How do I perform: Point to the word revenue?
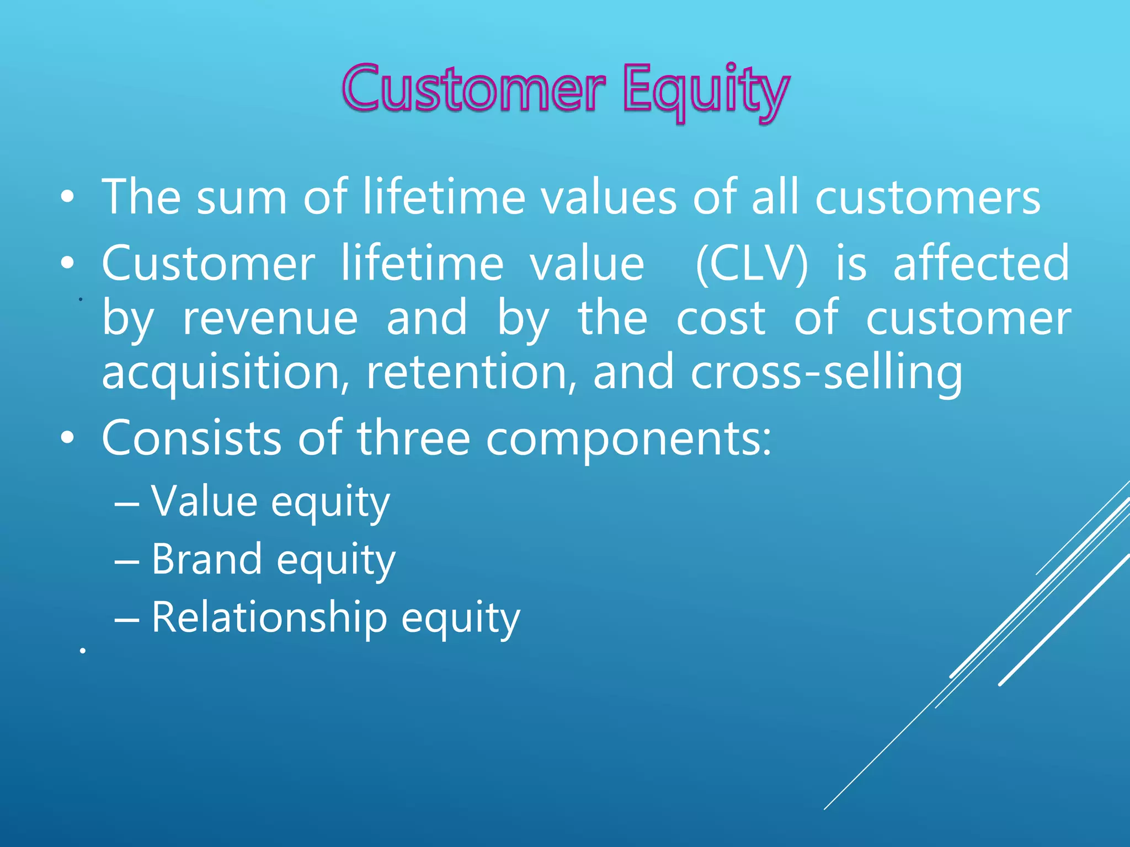pyautogui.click(x=270, y=318)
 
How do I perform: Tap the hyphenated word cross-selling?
pyautogui.click(x=827, y=373)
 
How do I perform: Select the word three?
pyautogui.click(x=413, y=438)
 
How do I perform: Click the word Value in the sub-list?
pyautogui.click(x=204, y=501)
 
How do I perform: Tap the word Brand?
pyautogui.click(x=206, y=559)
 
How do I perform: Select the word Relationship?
pyautogui.click(x=269, y=618)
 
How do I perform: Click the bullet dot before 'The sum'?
pyautogui.click(x=67, y=198)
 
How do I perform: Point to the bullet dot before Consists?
pyautogui.click(x=67, y=439)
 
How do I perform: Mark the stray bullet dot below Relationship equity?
pyautogui.click(x=82, y=651)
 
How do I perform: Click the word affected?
pyautogui.click(x=981, y=264)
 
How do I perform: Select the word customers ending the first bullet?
pyautogui.click(x=928, y=197)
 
